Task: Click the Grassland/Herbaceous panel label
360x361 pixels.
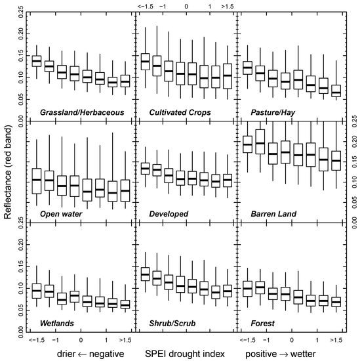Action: point(81,112)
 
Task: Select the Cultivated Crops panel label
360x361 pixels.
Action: point(180,112)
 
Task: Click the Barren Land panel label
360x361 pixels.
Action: point(273,214)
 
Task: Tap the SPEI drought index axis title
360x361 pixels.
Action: point(184,354)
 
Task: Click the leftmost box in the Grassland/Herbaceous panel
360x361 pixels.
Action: point(37,61)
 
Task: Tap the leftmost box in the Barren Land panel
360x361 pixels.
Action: point(248,144)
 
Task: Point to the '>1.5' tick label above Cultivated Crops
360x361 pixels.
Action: point(228,6)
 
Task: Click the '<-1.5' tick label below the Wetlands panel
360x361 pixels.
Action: point(37,341)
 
